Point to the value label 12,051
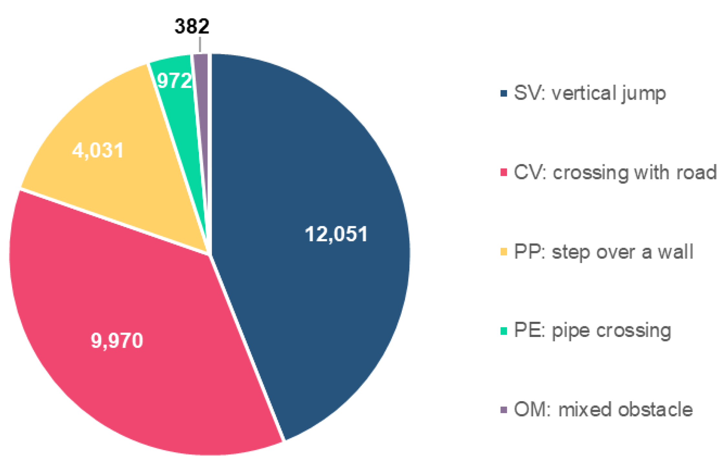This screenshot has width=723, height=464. (x=336, y=234)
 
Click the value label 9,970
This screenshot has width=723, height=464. (x=117, y=341)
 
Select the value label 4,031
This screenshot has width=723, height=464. (x=98, y=151)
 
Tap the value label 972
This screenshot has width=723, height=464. (x=174, y=80)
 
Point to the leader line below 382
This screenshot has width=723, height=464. (x=200, y=45)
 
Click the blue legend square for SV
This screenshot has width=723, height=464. (x=504, y=93)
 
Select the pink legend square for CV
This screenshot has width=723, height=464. (x=504, y=172)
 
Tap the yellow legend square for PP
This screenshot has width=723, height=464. (x=504, y=252)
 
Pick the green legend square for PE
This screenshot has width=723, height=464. (x=504, y=331)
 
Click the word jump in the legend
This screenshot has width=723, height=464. (x=643, y=94)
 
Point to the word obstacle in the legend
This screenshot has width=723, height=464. (x=655, y=410)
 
